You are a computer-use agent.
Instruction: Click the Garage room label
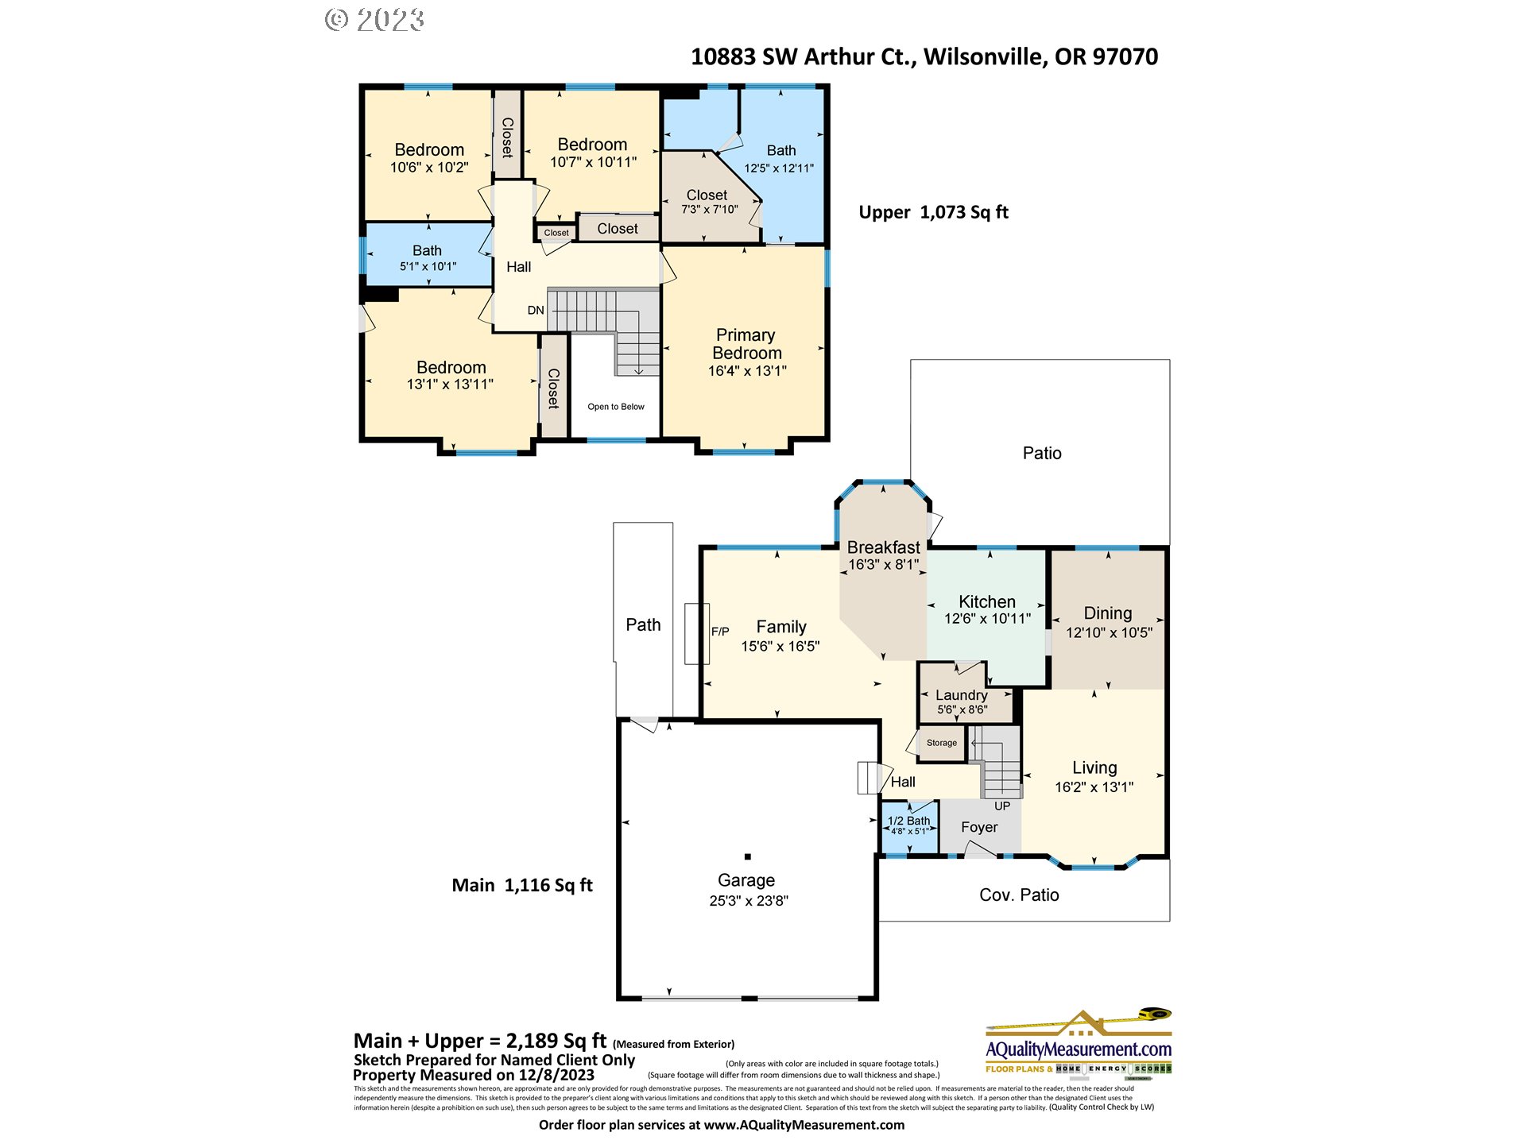(x=746, y=880)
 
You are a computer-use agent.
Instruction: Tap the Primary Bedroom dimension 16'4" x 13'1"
(x=747, y=371)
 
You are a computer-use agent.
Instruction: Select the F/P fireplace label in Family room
(x=720, y=632)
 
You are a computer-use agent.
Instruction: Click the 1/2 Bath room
(x=909, y=825)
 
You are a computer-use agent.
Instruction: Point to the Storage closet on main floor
(x=942, y=743)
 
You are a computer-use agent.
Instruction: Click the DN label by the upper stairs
(x=536, y=311)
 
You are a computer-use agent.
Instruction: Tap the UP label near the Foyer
(x=1002, y=806)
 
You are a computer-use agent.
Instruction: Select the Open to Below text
(x=616, y=407)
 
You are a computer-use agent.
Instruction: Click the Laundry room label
(x=962, y=695)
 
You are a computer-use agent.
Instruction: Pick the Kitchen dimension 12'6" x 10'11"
(x=987, y=619)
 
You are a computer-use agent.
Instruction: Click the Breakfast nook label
(x=883, y=547)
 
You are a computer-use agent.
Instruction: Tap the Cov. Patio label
(x=1019, y=895)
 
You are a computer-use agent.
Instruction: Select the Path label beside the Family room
(x=643, y=625)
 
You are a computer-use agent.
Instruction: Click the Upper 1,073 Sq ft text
(x=933, y=213)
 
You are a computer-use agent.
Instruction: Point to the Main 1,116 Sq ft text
(x=522, y=885)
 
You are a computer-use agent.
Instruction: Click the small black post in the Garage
(x=747, y=856)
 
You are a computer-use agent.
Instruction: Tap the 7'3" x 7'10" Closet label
(x=709, y=210)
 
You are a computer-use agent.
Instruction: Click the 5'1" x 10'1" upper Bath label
(x=428, y=267)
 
